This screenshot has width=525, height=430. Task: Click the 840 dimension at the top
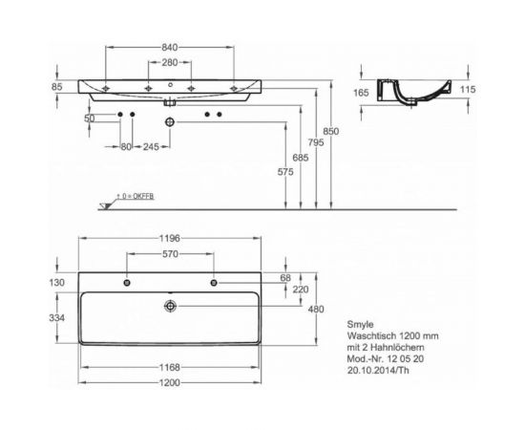(168, 47)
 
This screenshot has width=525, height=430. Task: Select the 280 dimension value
(168, 64)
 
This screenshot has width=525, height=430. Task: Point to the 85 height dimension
(57, 87)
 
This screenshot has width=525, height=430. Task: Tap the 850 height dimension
(330, 130)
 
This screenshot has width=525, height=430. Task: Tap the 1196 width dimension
(170, 239)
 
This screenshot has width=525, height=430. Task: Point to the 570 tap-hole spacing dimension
(169, 255)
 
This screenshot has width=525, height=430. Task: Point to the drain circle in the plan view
(170, 306)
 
